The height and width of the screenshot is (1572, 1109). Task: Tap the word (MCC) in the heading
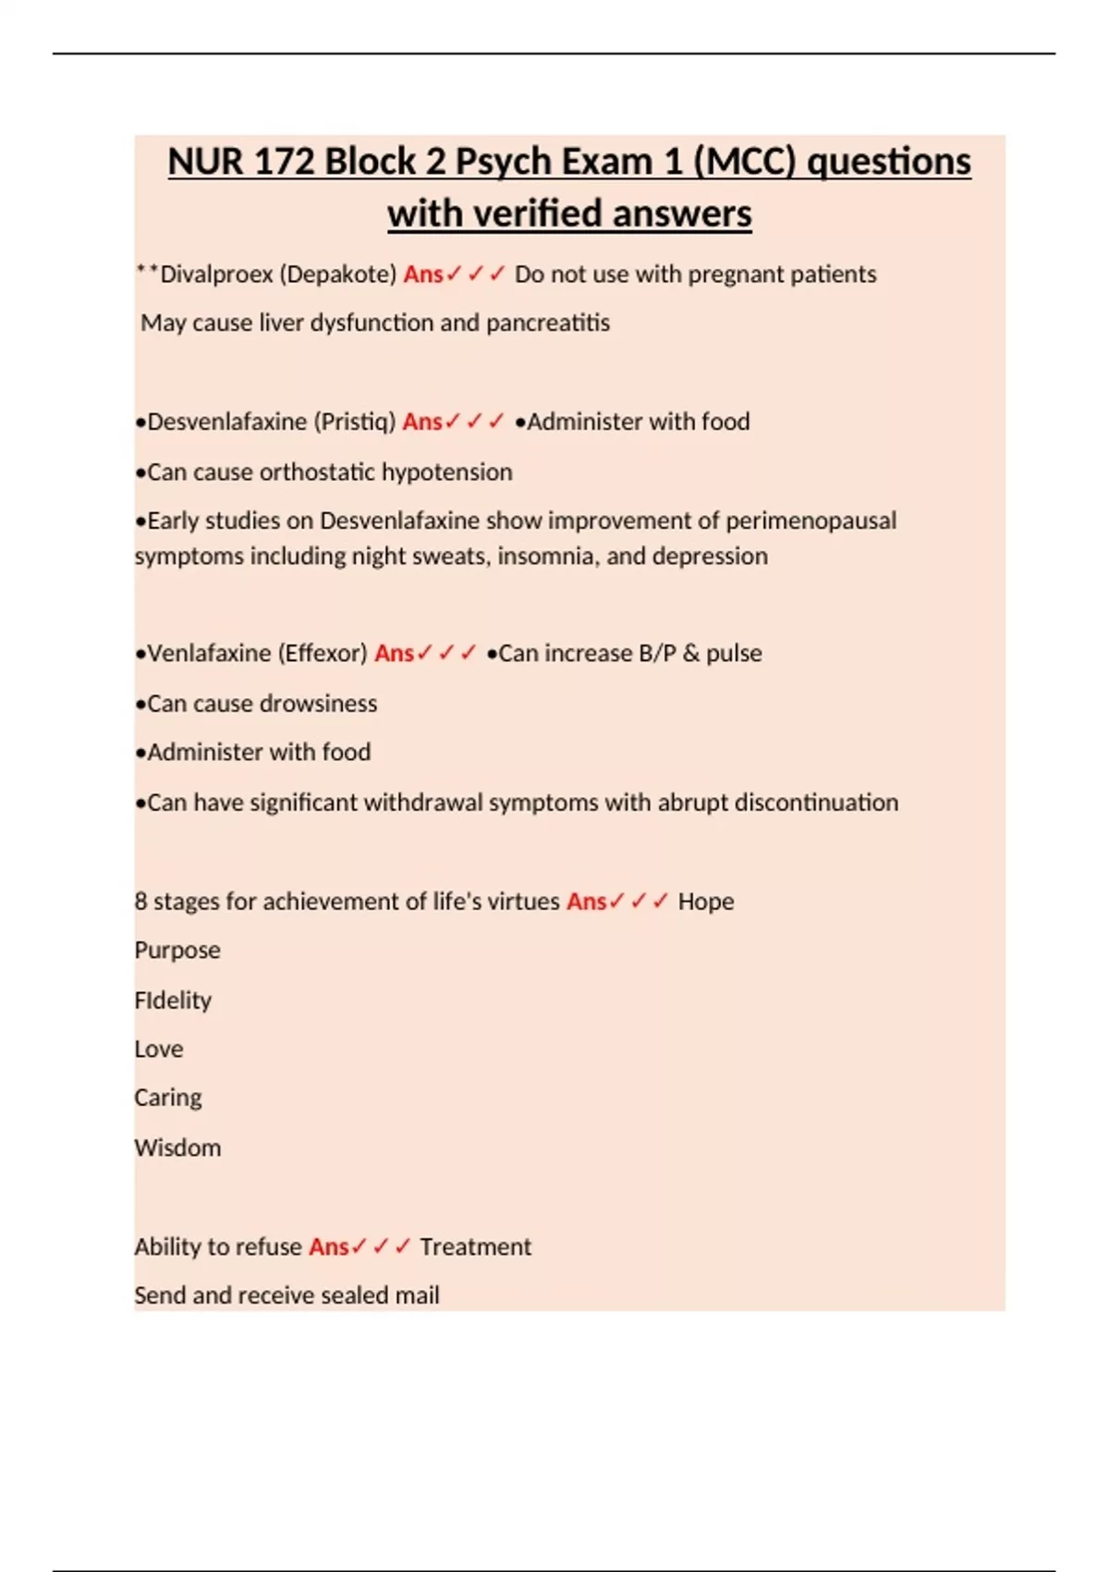744,162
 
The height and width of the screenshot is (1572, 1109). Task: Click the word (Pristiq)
354,422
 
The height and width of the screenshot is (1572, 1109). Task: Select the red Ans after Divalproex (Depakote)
423,275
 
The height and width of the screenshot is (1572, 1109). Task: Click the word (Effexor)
323,654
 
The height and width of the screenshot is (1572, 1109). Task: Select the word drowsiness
319,704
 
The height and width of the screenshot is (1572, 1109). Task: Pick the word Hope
706,902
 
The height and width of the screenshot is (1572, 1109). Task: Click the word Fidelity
173,1001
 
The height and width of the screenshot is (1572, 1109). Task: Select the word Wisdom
177,1148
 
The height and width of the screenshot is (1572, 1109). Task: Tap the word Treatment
475,1247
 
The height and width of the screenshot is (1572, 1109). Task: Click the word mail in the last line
417,1296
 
